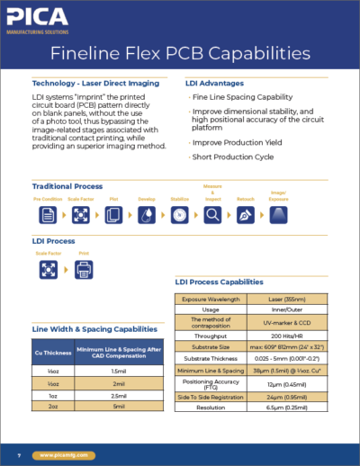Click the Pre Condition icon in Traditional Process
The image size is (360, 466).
(x=48, y=215)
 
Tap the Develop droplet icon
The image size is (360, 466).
(x=147, y=215)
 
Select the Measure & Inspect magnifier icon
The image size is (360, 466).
(x=212, y=215)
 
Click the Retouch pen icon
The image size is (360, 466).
(x=245, y=215)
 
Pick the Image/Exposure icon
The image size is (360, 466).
(x=278, y=215)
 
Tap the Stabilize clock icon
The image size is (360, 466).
(x=179, y=215)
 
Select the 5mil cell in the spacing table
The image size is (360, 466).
(x=118, y=406)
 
